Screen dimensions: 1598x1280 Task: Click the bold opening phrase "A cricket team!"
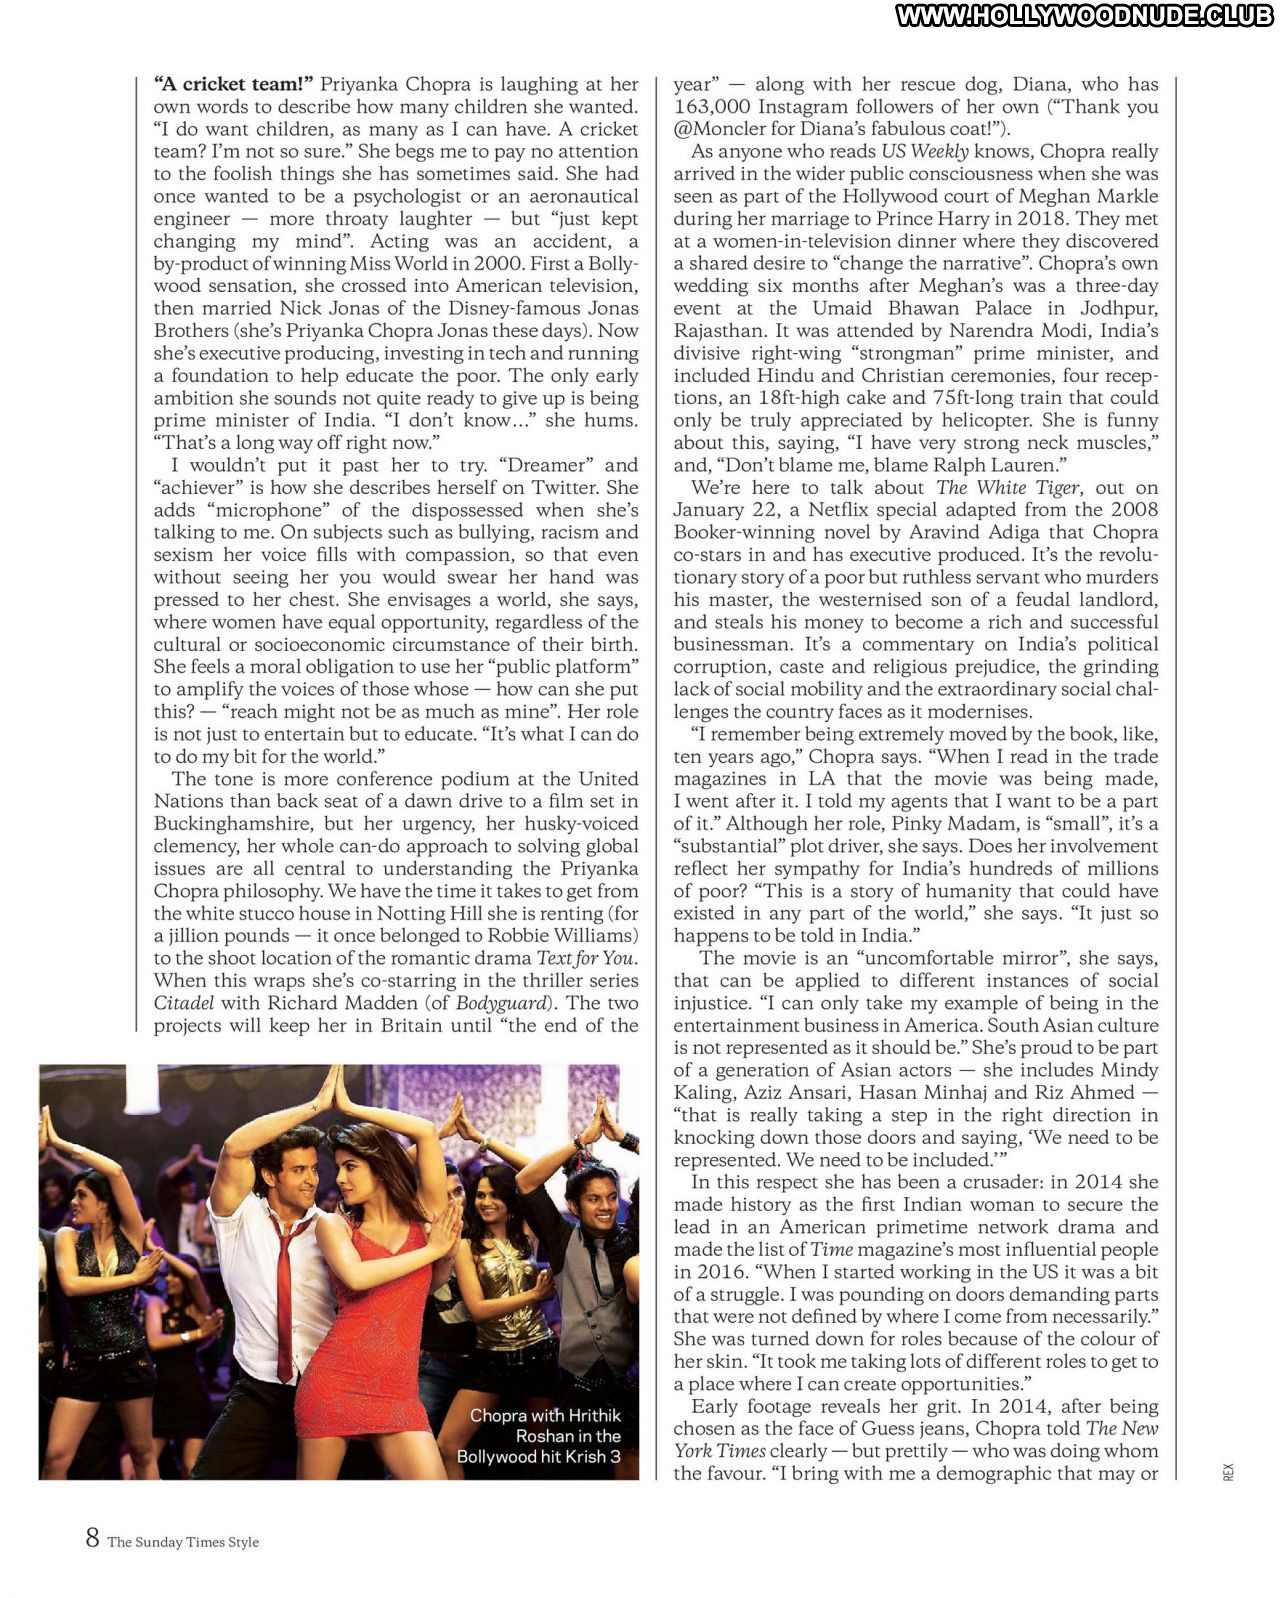(x=233, y=84)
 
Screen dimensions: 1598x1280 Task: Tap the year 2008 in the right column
(x=1134, y=510)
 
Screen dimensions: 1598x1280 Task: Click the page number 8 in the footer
(x=92, y=1537)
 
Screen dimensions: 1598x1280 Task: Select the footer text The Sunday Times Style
(x=183, y=1542)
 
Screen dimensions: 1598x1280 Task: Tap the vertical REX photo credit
(x=1228, y=1471)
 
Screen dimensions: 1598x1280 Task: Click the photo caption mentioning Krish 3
(x=539, y=1436)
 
